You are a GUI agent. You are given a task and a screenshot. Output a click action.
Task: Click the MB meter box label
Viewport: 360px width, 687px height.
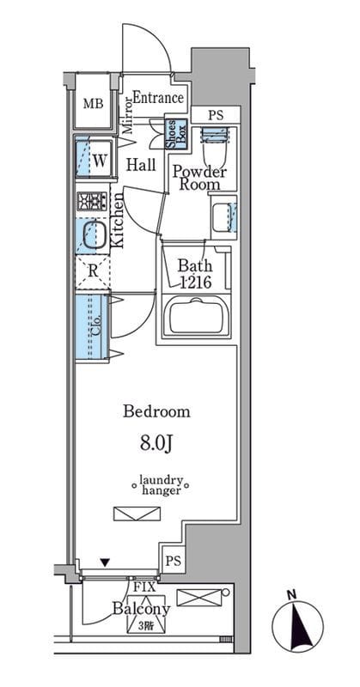(94, 104)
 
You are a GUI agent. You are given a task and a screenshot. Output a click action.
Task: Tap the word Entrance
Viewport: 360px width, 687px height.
(158, 98)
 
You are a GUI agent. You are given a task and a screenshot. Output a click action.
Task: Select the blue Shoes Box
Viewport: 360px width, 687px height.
(176, 134)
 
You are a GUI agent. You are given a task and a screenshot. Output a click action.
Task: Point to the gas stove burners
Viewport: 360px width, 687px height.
(92, 202)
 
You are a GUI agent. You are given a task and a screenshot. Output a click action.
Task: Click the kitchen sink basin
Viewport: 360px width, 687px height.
(92, 235)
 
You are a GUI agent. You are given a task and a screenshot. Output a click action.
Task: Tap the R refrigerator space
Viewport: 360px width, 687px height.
(92, 271)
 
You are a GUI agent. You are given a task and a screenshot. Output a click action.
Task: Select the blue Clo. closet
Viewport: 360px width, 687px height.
(92, 326)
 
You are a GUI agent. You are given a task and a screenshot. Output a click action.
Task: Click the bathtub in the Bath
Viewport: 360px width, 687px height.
(196, 316)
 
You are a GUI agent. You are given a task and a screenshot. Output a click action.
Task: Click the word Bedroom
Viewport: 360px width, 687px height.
(156, 412)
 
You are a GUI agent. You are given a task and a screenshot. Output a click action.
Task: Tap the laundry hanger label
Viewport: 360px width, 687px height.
(161, 485)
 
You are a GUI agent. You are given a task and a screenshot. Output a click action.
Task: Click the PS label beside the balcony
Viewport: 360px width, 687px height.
(174, 562)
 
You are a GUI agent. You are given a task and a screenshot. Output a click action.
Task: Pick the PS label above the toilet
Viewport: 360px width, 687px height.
(216, 116)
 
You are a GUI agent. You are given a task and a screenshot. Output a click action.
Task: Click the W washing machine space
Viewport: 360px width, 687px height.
(100, 161)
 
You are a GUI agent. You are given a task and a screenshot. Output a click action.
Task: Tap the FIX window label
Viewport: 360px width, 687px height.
(142, 587)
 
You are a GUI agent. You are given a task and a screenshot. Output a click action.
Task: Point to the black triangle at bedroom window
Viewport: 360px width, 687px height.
(104, 562)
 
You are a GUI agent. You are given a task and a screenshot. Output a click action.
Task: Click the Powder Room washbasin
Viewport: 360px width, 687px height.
(223, 218)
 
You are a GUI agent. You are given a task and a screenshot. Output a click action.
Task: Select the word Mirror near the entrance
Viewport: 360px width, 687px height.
(126, 116)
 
